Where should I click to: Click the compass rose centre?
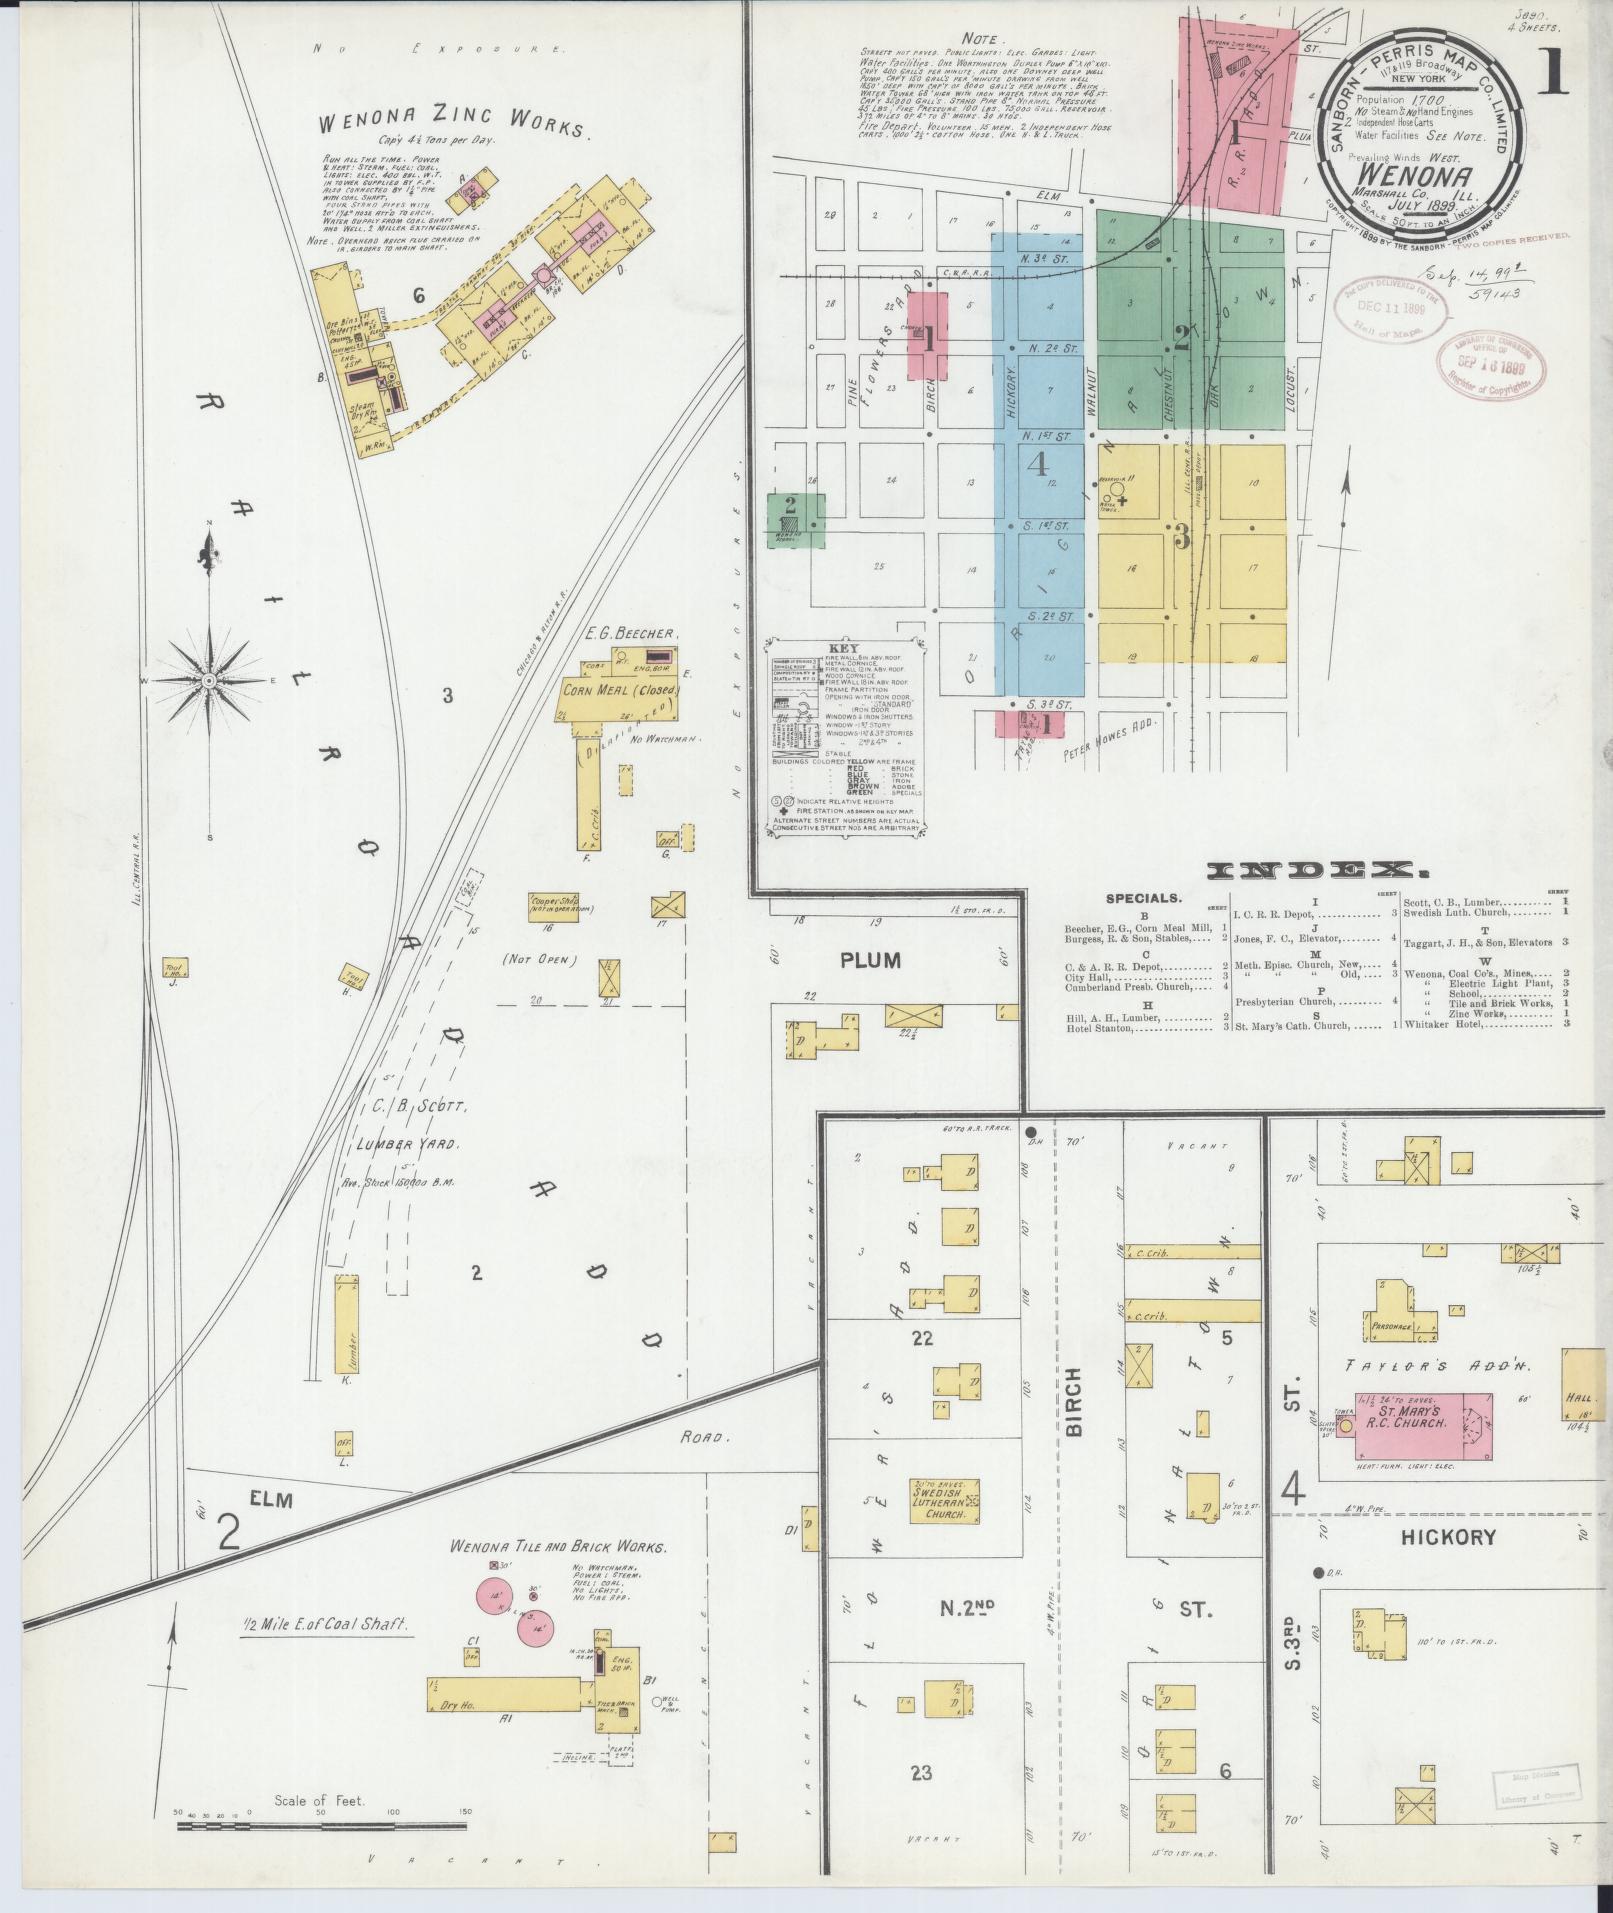[209, 681]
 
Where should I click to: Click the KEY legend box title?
[843, 648]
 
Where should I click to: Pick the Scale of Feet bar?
[321, 1827]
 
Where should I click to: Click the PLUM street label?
[870, 961]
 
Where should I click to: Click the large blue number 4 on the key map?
[1036, 464]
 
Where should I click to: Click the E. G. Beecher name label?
[632, 634]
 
